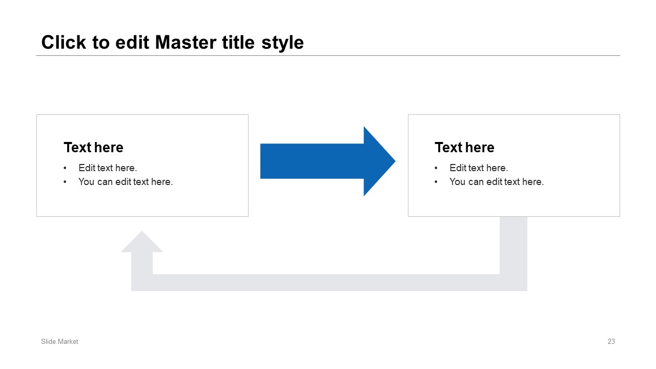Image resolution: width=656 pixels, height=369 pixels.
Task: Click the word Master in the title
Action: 186,43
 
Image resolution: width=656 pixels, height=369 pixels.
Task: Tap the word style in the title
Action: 282,44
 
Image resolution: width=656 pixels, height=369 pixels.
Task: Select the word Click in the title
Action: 64,42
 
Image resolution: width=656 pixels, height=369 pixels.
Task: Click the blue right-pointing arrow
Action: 327,161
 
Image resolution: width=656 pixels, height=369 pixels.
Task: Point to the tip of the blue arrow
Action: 395,161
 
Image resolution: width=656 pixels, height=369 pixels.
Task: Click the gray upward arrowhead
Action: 142,241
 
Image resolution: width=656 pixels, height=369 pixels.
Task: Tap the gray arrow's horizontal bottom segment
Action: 329,282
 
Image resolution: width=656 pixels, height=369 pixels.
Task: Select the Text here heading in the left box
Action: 93,147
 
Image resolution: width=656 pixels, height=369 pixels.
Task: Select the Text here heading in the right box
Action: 464,147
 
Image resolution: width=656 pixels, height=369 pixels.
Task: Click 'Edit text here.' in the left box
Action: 108,168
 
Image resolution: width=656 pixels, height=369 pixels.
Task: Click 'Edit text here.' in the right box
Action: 479,168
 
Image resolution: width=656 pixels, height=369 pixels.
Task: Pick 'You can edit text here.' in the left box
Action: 126,181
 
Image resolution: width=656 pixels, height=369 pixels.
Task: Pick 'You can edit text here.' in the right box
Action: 497,181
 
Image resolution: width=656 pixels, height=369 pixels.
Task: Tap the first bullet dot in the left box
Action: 65,168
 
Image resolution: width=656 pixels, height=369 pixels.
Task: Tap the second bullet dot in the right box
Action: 436,182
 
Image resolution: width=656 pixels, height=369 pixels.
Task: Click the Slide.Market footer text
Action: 59,341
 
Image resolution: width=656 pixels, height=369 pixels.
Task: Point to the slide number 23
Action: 611,341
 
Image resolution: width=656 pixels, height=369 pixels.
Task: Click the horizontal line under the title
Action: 328,55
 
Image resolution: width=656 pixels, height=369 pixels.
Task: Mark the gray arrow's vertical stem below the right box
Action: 514,245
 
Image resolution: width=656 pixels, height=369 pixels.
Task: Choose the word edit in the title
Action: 132,43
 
